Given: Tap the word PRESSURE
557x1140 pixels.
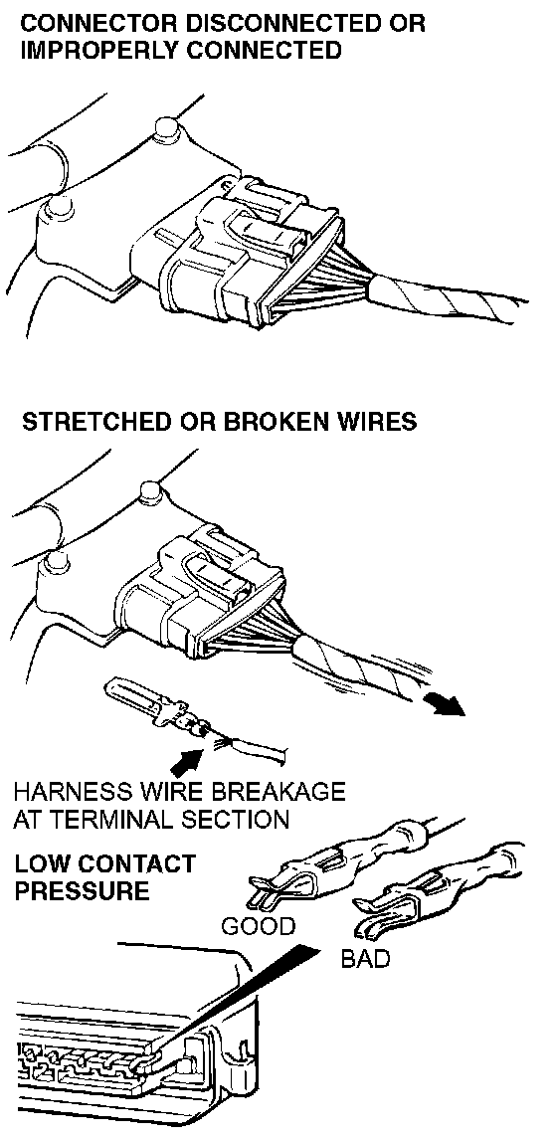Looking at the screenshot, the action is (82, 890).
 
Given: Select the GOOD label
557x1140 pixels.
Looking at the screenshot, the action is (259, 928).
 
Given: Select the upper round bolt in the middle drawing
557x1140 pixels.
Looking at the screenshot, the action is (149, 492).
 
